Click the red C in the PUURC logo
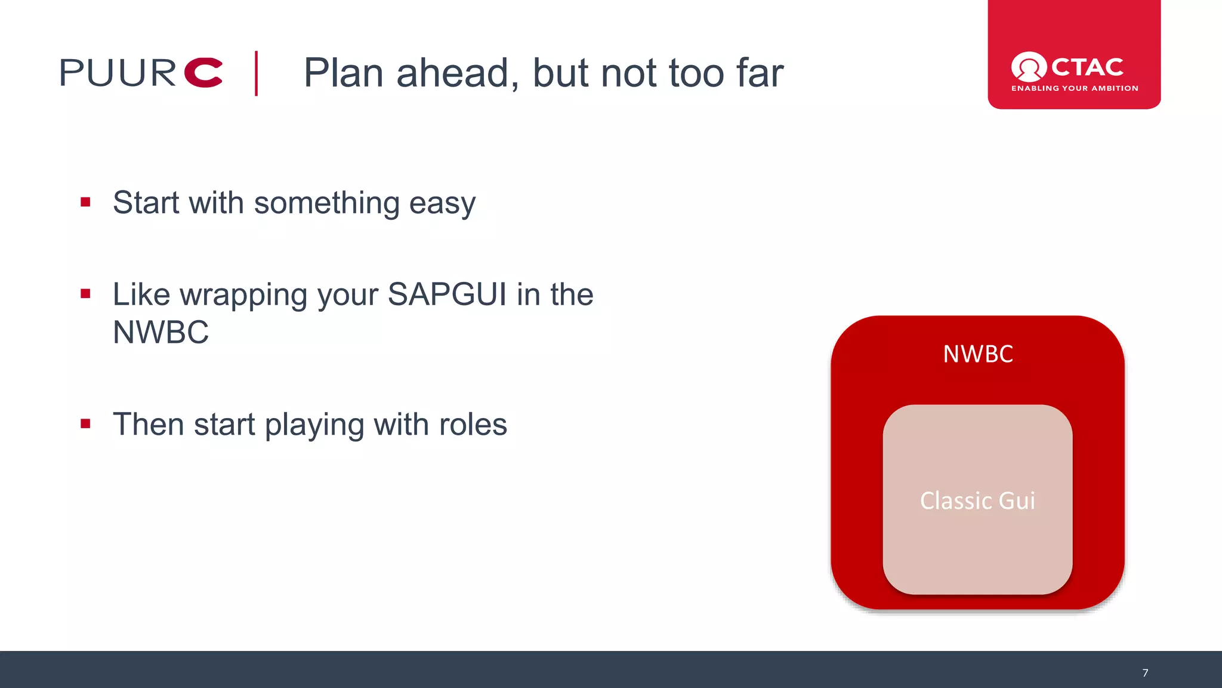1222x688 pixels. click(x=203, y=73)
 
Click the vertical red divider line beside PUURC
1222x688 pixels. click(x=257, y=73)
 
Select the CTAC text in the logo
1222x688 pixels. click(x=1087, y=67)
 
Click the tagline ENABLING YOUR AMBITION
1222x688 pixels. click(x=1075, y=88)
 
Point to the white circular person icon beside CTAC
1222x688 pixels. click(x=1028, y=66)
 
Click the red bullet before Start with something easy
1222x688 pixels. click(x=85, y=202)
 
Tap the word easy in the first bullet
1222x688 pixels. click(x=442, y=204)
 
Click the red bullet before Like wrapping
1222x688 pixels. click(x=85, y=294)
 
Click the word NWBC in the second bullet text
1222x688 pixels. click(x=161, y=333)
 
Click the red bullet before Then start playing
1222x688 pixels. click(x=85, y=424)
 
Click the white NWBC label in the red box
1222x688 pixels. click(x=977, y=354)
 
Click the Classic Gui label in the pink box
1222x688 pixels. click(x=977, y=500)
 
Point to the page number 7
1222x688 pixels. click(x=1145, y=673)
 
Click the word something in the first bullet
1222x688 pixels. click(x=327, y=204)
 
